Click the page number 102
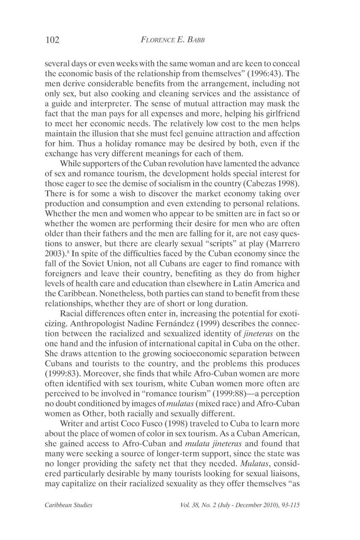(53, 40)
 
